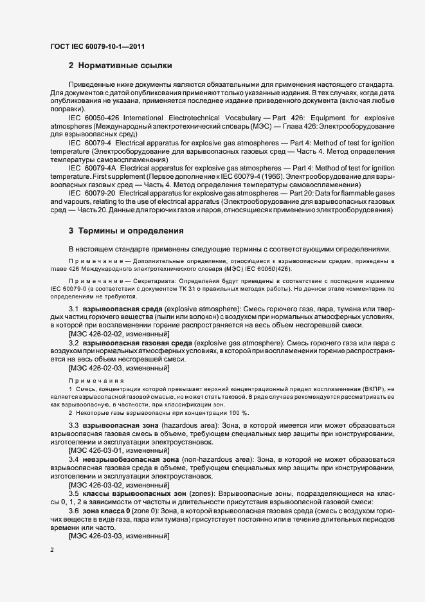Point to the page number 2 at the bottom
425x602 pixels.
52,550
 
